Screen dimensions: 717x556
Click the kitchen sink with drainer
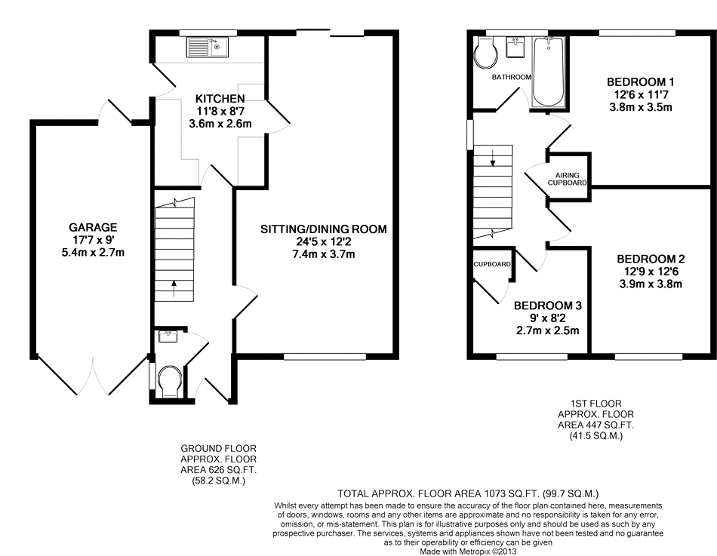click(x=207, y=47)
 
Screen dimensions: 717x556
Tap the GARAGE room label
click(x=93, y=227)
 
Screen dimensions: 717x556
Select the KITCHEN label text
click(x=220, y=98)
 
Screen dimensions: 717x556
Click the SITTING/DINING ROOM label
click(x=323, y=229)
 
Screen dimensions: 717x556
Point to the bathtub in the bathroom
click(x=548, y=72)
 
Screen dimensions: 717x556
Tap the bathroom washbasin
click(x=516, y=47)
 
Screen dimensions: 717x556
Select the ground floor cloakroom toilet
click(x=169, y=381)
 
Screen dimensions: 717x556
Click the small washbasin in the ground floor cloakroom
click(x=168, y=337)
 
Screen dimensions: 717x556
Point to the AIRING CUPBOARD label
click(x=567, y=179)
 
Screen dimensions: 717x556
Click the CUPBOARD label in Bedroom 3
click(x=492, y=264)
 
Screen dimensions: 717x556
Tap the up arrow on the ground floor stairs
click(x=174, y=288)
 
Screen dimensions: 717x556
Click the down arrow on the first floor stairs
click(x=493, y=157)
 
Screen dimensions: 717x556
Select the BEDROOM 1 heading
click(x=640, y=82)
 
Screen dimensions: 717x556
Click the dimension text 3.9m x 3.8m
click(x=651, y=284)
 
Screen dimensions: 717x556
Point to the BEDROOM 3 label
click(x=547, y=306)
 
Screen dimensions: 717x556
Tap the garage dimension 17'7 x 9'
click(x=93, y=240)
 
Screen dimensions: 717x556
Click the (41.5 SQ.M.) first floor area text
click(x=595, y=436)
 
